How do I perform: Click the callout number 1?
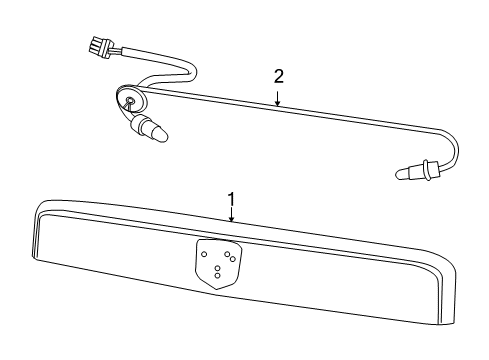(x=232, y=198)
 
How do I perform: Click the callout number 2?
(x=280, y=76)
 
